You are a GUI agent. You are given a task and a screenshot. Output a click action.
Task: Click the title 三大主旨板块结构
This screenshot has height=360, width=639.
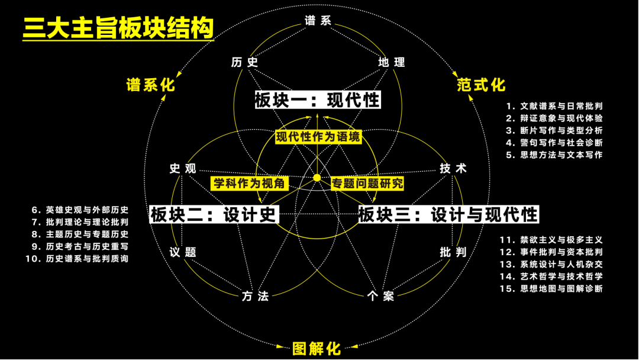(118, 27)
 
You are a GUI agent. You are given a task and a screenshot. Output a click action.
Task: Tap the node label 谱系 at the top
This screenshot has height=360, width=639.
(318, 21)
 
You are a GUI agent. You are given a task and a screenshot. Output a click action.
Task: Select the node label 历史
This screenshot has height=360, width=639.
(244, 62)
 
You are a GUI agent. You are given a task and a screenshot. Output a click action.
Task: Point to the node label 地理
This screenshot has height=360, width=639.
(391, 62)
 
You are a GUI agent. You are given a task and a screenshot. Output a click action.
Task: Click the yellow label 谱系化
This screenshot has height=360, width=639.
(151, 85)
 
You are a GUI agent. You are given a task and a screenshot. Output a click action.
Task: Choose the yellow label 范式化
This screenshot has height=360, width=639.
(481, 85)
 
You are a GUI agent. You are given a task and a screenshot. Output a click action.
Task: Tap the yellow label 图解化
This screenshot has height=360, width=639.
(317, 348)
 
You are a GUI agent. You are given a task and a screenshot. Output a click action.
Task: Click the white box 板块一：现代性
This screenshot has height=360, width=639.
(318, 99)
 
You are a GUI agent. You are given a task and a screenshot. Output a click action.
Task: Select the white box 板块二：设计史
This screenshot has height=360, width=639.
(214, 214)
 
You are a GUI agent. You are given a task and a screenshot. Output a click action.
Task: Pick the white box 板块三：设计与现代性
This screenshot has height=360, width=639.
(448, 214)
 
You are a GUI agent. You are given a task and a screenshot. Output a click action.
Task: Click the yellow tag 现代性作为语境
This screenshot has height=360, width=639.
(318, 137)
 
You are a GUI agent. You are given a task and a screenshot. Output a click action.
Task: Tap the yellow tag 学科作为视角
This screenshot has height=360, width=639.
(249, 183)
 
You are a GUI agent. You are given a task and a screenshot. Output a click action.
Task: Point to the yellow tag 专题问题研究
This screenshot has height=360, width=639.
(367, 183)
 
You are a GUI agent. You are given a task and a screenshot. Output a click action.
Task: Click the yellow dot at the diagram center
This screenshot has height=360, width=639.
(317, 178)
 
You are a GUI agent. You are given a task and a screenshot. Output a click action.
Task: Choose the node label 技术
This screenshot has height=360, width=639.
(453, 169)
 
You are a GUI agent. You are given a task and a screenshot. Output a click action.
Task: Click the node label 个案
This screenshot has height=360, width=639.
(380, 296)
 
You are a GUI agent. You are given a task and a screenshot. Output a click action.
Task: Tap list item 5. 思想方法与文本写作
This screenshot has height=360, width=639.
(554, 155)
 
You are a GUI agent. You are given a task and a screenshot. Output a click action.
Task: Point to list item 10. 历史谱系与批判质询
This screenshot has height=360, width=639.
(77, 259)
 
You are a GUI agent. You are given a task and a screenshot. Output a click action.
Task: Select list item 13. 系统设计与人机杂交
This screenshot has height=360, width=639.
(551, 264)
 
